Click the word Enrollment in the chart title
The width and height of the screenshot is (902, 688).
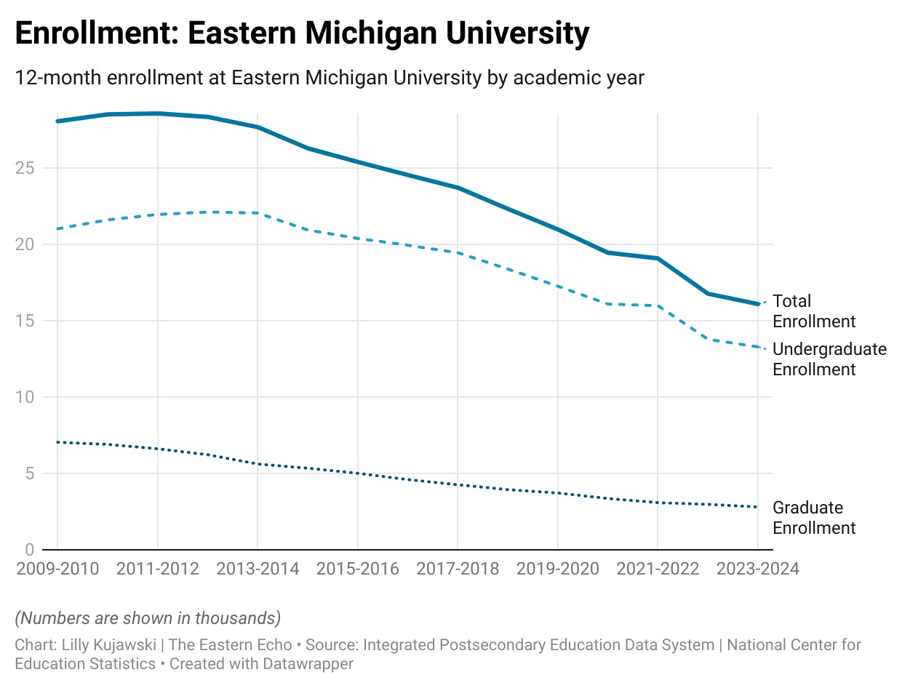coord(95,34)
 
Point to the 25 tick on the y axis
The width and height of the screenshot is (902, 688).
coord(26,168)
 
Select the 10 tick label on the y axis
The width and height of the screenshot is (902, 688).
coord(26,397)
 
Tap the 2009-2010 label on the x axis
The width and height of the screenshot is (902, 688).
coord(57,569)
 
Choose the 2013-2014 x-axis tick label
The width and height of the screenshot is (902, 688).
coord(258,569)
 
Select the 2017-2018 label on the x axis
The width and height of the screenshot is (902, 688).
coord(458,569)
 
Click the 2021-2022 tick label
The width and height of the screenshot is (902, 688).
coord(658,569)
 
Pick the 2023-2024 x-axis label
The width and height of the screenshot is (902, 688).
coord(757,569)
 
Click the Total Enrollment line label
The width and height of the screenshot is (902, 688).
coord(813,311)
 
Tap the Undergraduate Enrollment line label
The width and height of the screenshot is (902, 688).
coord(829,359)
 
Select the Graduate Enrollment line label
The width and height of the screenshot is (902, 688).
coord(813,518)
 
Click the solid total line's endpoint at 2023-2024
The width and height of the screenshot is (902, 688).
coord(757,304)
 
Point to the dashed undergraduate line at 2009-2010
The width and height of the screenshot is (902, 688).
coord(57,228)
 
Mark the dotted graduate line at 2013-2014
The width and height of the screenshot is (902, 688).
coord(258,464)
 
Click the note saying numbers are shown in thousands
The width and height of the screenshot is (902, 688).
coord(148,618)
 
